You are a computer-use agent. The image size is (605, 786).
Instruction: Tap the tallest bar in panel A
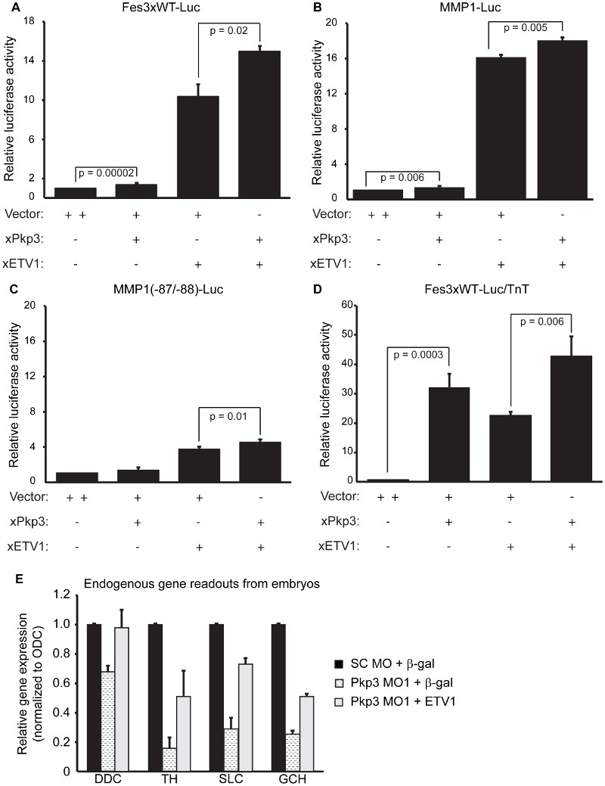pyautogui.click(x=259, y=125)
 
